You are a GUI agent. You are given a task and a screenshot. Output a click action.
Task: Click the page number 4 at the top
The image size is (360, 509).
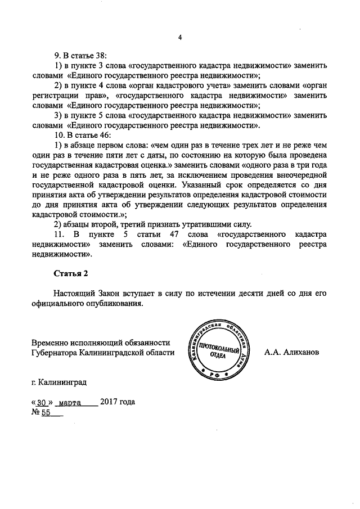tap(180, 38)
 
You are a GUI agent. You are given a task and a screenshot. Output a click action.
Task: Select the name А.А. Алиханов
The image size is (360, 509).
tap(291, 352)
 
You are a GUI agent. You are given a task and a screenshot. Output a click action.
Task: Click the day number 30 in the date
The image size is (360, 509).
tap(41, 403)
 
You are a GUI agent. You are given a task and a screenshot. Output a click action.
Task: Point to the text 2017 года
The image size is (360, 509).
tap(118, 402)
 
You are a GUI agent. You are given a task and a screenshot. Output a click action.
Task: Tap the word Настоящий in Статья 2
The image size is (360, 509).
tap(74, 294)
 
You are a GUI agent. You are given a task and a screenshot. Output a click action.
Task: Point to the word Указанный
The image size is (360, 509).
tap(215, 184)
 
